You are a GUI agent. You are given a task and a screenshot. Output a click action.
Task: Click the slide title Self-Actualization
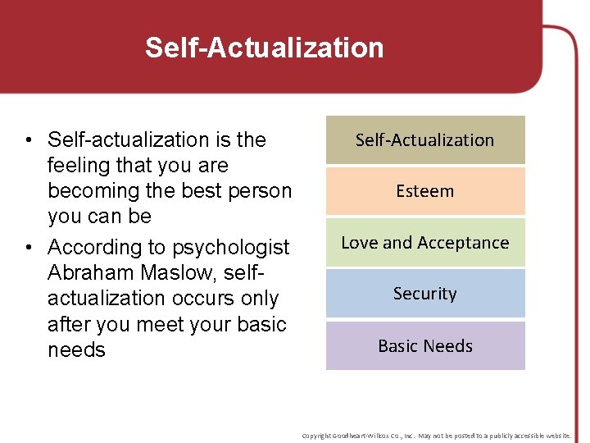tap(264, 48)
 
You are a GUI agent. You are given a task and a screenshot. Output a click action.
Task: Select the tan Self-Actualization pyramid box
tap(424, 140)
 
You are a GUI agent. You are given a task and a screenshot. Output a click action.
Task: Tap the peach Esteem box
tap(424, 191)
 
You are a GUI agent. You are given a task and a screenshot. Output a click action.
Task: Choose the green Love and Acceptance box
tap(424, 243)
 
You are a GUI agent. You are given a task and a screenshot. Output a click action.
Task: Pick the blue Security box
tap(424, 294)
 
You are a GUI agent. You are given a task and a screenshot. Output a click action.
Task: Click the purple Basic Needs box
tap(424, 346)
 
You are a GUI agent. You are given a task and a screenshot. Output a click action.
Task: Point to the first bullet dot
tap(28, 140)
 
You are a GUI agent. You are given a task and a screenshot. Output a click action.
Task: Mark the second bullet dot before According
tap(28, 248)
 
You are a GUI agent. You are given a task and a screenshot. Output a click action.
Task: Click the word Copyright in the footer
tap(318, 436)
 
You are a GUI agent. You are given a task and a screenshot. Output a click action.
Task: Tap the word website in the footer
tap(556, 436)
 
